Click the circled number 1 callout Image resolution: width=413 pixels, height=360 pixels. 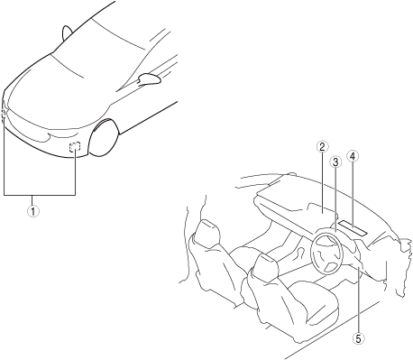[33, 211]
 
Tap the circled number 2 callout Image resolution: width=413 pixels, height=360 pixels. [322, 147]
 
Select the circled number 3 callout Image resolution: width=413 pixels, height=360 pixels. [335, 162]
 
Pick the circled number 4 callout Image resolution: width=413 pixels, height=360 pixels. [353, 156]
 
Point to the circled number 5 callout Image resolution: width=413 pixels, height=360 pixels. [358, 338]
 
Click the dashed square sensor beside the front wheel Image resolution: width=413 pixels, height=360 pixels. [75, 146]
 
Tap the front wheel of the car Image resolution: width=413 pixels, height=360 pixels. [104, 138]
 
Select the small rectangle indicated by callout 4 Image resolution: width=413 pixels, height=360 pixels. [353, 227]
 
